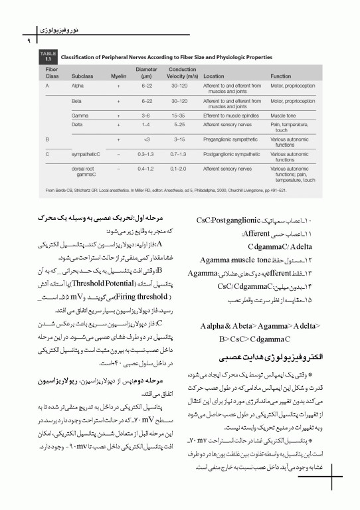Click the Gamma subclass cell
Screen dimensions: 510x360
[80, 115]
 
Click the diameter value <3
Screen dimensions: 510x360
[146, 139]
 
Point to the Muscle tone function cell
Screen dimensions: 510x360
[284, 115]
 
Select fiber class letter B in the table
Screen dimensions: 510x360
[47, 139]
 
